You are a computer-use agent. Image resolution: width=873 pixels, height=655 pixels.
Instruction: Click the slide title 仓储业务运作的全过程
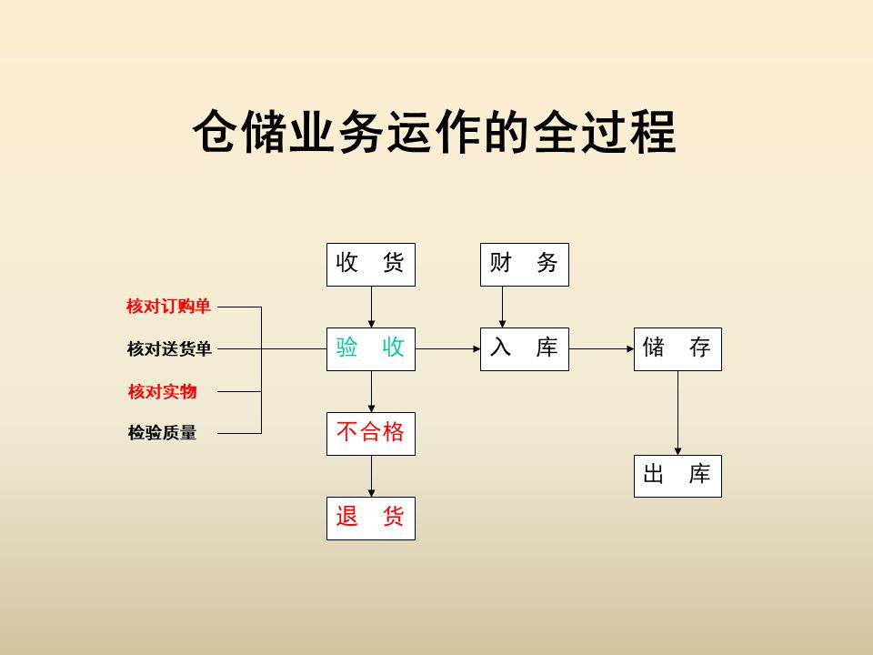(435, 134)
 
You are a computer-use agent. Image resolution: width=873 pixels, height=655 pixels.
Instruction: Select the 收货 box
(371, 265)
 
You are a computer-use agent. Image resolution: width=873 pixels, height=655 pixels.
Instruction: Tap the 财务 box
(524, 265)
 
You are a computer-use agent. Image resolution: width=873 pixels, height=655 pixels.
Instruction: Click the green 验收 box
(371, 348)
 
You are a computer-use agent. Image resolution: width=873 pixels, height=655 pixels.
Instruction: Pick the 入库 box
(524, 348)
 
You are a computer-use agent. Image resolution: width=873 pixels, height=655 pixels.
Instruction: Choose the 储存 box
(677, 348)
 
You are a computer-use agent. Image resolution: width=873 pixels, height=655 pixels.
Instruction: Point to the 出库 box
(677, 476)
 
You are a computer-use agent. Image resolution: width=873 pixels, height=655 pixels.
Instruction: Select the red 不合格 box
(371, 433)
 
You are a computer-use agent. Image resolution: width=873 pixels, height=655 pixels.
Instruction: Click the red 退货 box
(371, 518)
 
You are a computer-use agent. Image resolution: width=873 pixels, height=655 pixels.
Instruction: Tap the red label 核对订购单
(168, 307)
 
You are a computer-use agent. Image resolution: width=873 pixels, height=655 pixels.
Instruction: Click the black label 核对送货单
(169, 348)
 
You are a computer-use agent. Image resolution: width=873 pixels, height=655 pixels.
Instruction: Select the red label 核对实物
(162, 391)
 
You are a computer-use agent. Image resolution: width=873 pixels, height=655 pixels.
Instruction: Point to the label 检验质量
(162, 433)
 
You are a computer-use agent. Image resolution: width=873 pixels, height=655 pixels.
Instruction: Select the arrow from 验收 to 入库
(447, 348)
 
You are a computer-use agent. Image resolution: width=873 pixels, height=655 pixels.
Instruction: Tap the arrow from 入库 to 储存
(601, 348)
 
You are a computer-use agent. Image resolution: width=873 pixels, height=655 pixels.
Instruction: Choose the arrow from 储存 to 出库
(677, 413)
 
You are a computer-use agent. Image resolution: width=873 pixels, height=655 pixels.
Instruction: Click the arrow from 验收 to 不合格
(371, 391)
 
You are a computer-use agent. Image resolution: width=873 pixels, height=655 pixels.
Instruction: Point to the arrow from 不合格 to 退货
(371, 476)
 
